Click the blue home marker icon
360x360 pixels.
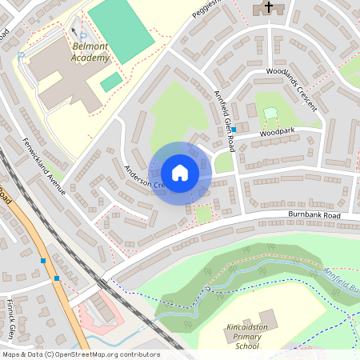click(180, 173)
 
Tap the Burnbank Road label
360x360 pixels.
click(314, 216)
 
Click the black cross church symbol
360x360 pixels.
click(268, 7)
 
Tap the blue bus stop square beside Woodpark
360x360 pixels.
click(234, 130)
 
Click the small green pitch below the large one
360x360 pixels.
click(112, 82)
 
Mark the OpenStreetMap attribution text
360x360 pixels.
click(80, 354)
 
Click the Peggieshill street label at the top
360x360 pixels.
click(206, 10)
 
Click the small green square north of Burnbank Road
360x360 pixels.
click(204, 214)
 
